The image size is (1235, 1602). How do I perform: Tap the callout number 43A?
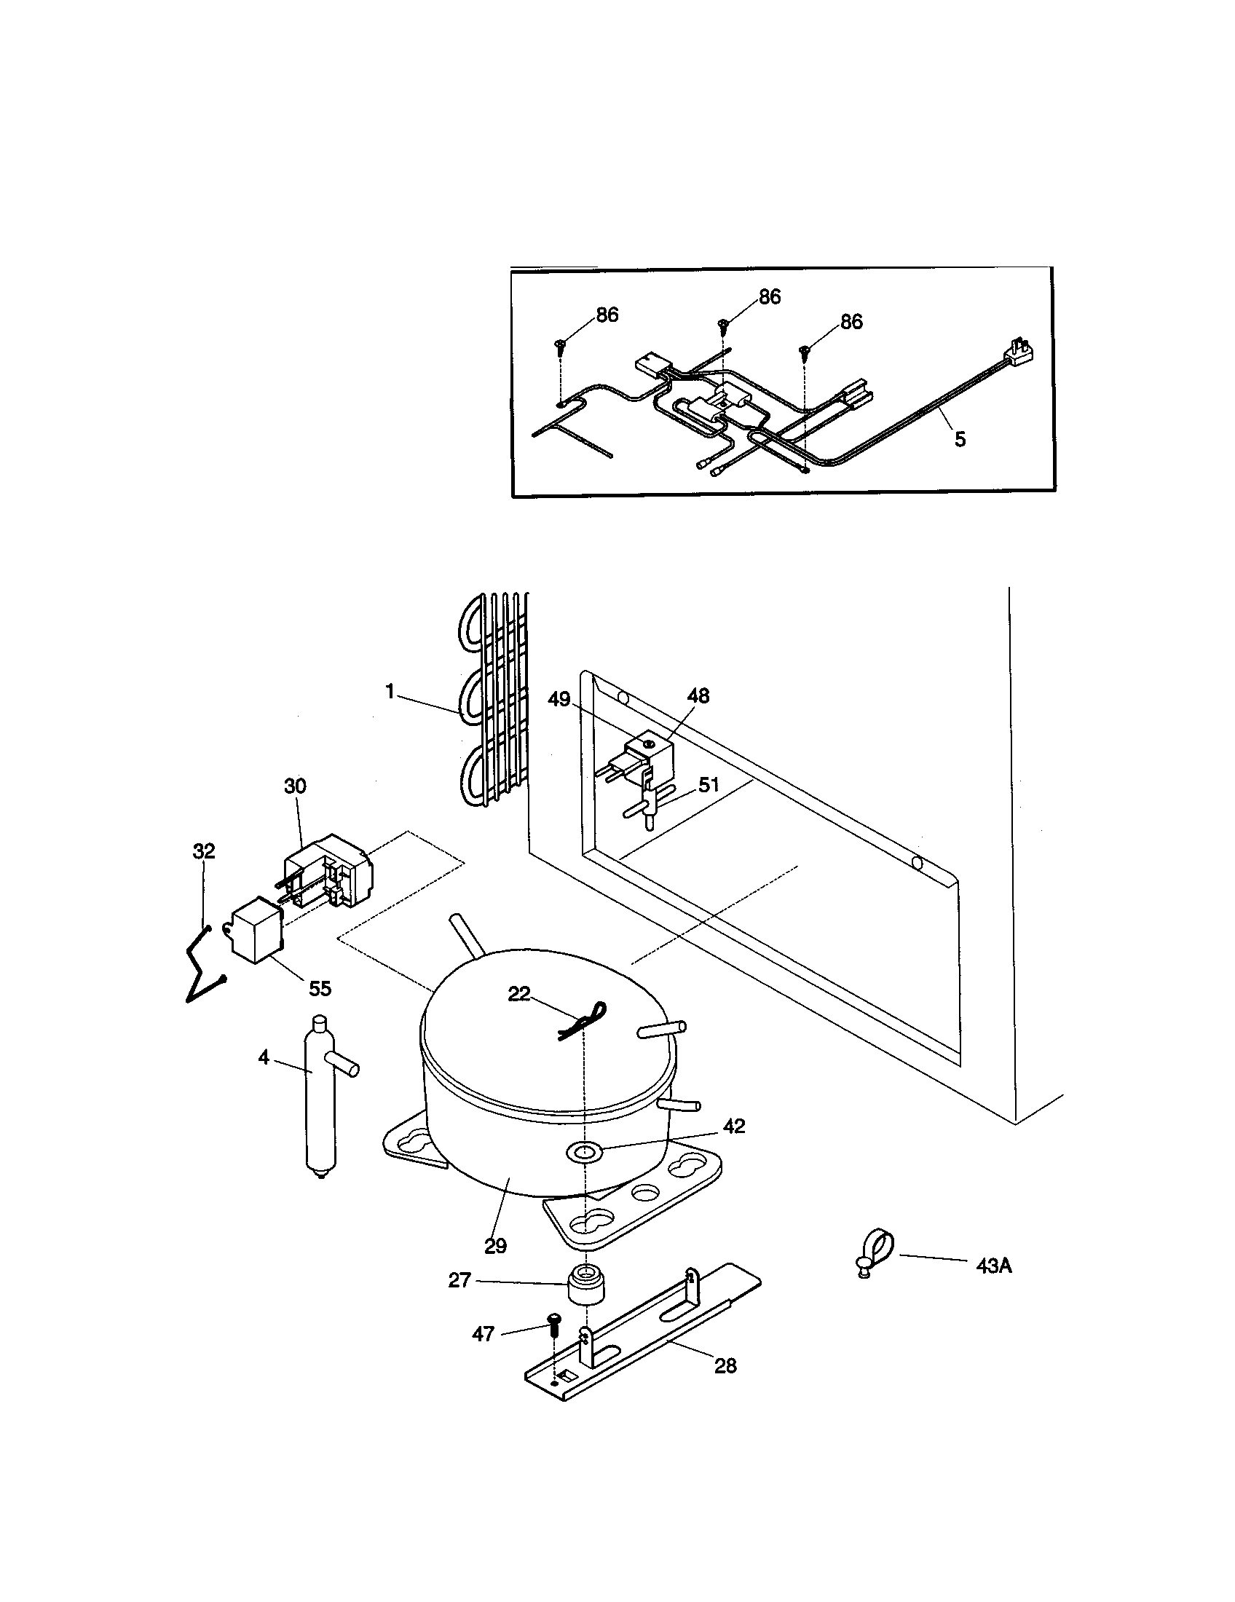pyautogui.click(x=994, y=1266)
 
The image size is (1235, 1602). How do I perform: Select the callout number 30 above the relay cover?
pyautogui.click(x=295, y=786)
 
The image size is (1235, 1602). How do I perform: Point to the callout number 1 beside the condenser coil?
pyautogui.click(x=390, y=691)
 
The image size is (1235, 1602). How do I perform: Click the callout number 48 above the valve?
pyautogui.click(x=698, y=695)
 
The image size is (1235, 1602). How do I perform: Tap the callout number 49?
pyautogui.click(x=559, y=699)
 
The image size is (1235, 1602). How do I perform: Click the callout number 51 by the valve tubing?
pyautogui.click(x=709, y=785)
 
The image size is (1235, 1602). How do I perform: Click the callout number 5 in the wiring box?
pyautogui.click(x=960, y=438)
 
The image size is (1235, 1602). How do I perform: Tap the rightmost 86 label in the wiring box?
pyautogui.click(x=851, y=321)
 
